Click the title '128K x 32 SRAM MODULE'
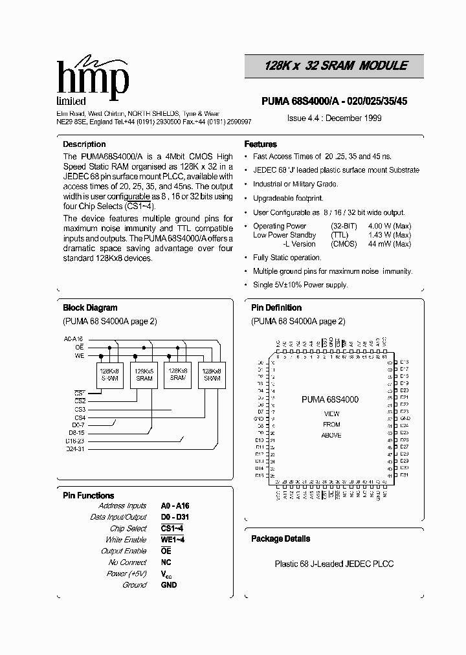click(x=335, y=66)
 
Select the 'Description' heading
click(x=84, y=144)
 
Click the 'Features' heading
click(x=260, y=144)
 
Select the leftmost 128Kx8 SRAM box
click(x=109, y=375)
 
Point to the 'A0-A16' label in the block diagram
click(x=73, y=339)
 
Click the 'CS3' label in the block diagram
click(x=80, y=410)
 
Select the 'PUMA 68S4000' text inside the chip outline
click(x=329, y=399)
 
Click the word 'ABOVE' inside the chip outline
click(x=331, y=436)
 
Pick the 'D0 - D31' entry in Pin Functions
click(x=175, y=517)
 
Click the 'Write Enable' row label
click(x=126, y=540)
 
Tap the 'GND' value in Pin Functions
click(x=168, y=584)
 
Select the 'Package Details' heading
click(x=280, y=538)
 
